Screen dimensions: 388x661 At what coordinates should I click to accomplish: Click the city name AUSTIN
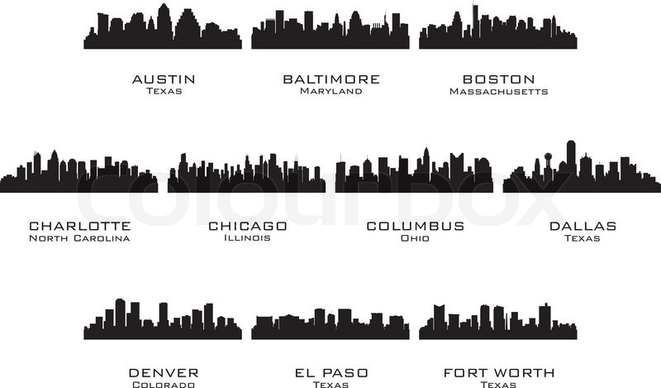tap(164, 79)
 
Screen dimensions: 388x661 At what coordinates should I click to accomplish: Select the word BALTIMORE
tap(331, 79)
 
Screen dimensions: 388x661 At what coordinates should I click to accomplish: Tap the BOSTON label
tap(498, 79)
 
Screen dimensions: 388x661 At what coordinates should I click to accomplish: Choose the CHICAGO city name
tap(247, 226)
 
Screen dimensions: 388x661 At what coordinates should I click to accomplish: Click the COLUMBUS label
tap(415, 226)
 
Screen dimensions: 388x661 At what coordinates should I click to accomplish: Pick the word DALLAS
tap(582, 226)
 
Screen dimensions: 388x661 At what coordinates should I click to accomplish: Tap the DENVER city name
tap(164, 372)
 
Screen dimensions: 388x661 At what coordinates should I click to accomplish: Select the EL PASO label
tap(331, 372)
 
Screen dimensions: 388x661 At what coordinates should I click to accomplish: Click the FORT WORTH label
tap(498, 372)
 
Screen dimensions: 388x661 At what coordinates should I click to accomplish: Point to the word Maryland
tap(331, 91)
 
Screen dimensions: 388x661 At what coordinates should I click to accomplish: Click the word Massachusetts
tap(498, 91)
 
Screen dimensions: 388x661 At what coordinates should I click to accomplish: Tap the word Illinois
tap(247, 238)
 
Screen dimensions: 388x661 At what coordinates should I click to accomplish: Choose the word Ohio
tap(415, 238)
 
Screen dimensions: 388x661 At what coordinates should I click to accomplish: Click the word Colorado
tap(164, 384)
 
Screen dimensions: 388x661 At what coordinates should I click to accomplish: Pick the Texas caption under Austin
tap(164, 91)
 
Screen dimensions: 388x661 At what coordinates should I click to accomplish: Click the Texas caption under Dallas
tap(582, 238)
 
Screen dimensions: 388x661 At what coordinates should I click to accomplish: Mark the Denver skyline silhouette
tap(164, 324)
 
